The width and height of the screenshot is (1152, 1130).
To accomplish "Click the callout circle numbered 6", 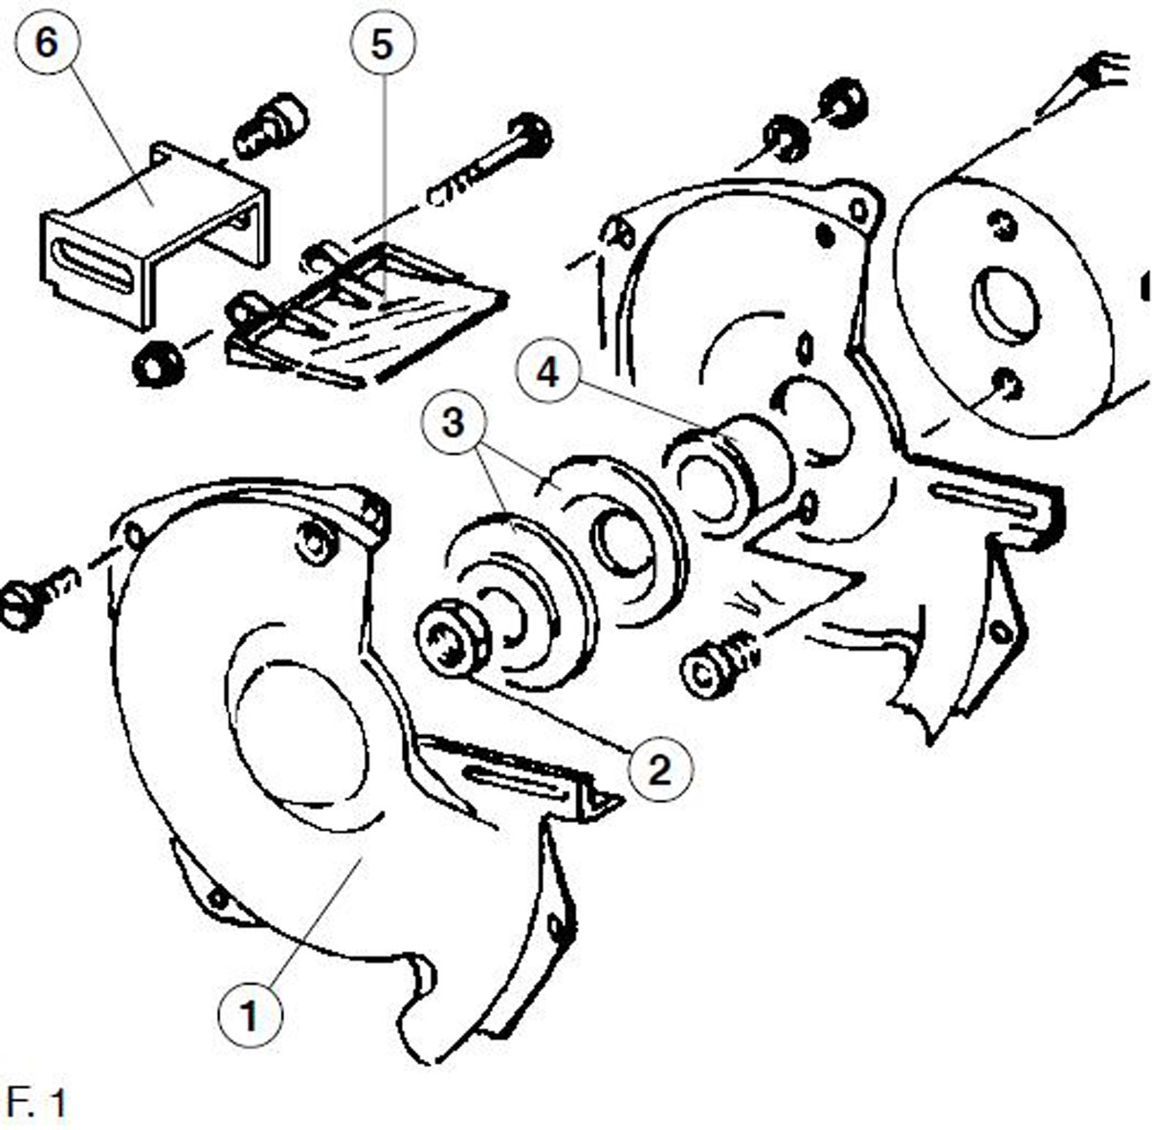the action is coord(48,42).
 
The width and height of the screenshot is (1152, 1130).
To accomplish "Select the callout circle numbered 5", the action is coord(383,45).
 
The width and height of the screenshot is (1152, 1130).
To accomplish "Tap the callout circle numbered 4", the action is coord(547,373).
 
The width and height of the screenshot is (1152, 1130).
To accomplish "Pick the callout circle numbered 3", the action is coord(454,423).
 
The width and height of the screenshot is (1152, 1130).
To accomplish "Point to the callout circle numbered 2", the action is coord(660,770).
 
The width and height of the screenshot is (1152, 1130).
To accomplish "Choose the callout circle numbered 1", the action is coord(250,1014).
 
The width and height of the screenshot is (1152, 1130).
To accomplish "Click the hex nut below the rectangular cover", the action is coord(158,362).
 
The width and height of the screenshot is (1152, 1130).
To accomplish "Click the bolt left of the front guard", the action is coord(39,597).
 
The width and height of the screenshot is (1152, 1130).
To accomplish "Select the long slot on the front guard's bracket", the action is coord(516,779).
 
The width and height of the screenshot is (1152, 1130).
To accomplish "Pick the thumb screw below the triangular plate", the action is coord(720,668).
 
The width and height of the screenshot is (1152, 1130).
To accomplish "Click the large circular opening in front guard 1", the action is coord(299,733).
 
